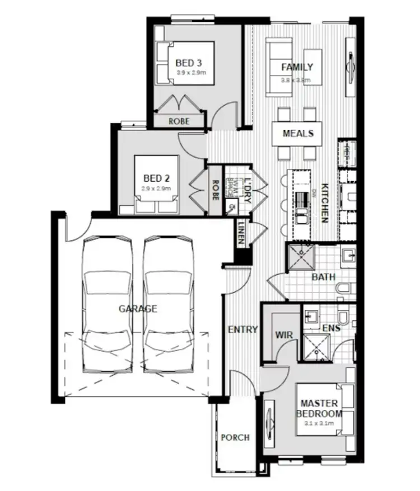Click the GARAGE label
pyautogui.click(x=138, y=308)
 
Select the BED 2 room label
pyautogui.click(x=156, y=178)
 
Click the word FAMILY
pyautogui.click(x=297, y=68)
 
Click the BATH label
pyautogui.click(x=323, y=277)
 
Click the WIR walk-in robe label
pyautogui.click(x=283, y=335)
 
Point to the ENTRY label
pyautogui.click(x=243, y=329)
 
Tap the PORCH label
pyautogui.click(x=235, y=437)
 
